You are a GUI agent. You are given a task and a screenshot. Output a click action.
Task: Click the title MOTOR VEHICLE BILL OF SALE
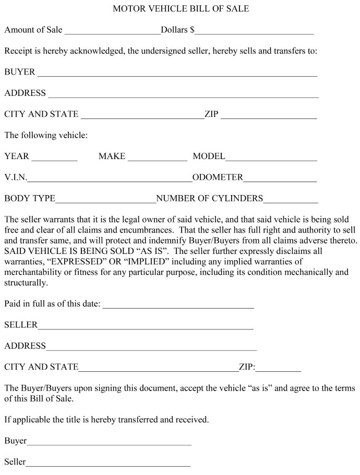(181, 8)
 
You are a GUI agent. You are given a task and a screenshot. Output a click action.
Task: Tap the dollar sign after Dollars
(192, 30)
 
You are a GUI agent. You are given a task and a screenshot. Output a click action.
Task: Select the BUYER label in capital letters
(19, 71)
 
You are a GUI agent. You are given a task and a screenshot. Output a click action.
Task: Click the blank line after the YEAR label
(54, 159)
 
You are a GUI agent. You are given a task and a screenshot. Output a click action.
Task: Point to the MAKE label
(112, 156)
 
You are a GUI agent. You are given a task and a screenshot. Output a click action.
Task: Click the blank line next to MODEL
(271, 159)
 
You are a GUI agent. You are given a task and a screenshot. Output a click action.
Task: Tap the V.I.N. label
(16, 177)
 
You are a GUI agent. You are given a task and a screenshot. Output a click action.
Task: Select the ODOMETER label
(218, 177)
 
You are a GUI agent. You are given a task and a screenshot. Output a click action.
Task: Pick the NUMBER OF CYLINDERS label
(210, 198)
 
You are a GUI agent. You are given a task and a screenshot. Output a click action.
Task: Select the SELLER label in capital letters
(21, 325)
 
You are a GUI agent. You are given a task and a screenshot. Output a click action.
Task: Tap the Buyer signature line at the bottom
(109, 444)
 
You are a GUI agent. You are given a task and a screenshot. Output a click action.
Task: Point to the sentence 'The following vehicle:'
(46, 135)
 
